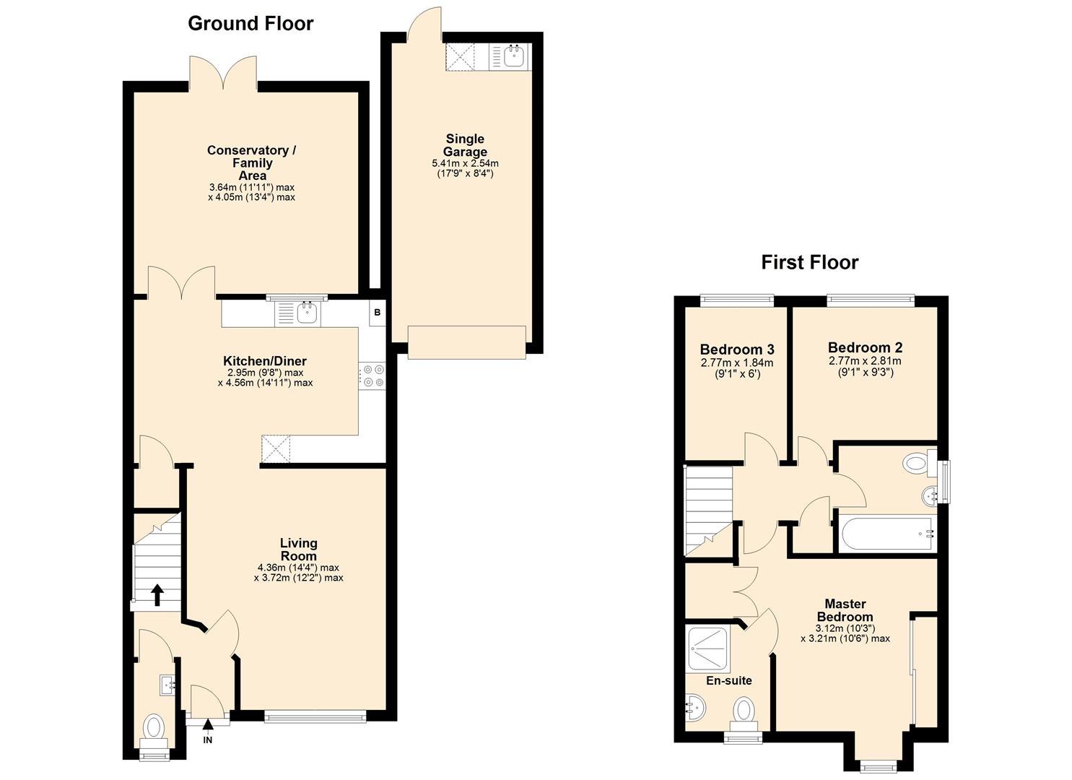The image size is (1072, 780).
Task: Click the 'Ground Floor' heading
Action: pyautogui.click(x=250, y=24)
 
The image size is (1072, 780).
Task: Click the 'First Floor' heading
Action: pyautogui.click(x=809, y=262)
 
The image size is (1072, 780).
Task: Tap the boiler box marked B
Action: pyautogui.click(x=377, y=313)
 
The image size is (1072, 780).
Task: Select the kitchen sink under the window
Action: pyautogui.click(x=308, y=313)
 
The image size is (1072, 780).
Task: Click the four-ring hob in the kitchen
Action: pyautogui.click(x=373, y=376)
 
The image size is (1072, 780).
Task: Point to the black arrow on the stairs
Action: pyautogui.click(x=157, y=594)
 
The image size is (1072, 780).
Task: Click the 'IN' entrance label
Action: pyautogui.click(x=208, y=740)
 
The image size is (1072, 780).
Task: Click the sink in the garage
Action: pyautogui.click(x=514, y=56)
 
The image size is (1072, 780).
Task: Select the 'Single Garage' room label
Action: pyautogui.click(x=465, y=145)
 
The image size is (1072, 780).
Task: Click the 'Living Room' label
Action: pyautogui.click(x=298, y=550)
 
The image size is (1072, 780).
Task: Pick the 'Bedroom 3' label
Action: pyautogui.click(x=736, y=350)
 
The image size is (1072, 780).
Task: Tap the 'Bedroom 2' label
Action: pyautogui.click(x=865, y=347)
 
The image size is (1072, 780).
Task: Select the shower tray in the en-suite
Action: pyautogui.click(x=709, y=649)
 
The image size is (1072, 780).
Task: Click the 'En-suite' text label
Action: pyautogui.click(x=728, y=680)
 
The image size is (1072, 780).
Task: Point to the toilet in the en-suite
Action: pyautogui.click(x=744, y=711)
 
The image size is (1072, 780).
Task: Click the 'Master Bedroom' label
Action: pyautogui.click(x=845, y=610)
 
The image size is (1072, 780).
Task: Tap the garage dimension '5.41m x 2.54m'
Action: pyautogui.click(x=465, y=163)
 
